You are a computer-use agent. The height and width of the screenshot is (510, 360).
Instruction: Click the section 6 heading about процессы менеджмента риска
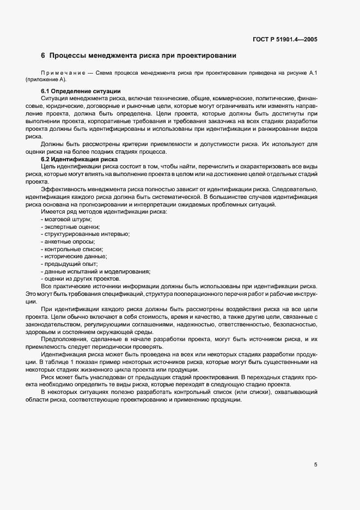[138, 56]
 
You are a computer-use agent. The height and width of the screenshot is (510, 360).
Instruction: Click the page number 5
[316, 465]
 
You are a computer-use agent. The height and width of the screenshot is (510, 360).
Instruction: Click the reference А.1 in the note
[314, 72]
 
